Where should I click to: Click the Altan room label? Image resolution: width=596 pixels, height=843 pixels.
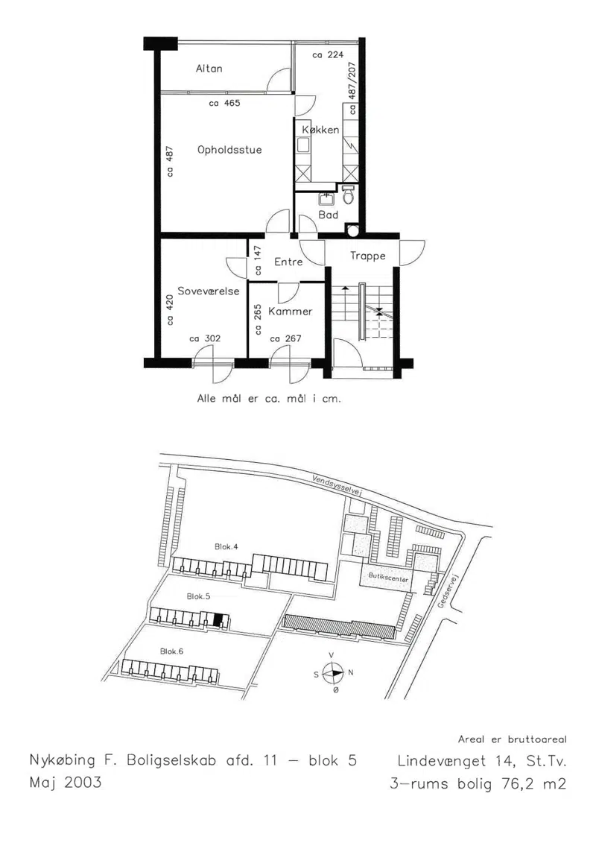(x=209, y=69)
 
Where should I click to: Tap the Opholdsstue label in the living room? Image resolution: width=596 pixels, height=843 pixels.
(x=229, y=150)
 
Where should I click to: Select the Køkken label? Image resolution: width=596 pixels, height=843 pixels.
(x=320, y=130)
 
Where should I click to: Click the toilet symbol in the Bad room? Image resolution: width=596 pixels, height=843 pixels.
(x=348, y=196)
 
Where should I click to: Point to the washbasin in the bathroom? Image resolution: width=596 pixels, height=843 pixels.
(x=326, y=198)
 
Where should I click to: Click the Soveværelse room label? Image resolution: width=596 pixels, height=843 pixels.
(x=209, y=291)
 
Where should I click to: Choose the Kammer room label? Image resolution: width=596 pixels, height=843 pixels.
(x=291, y=312)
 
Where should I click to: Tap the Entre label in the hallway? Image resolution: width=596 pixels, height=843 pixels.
(x=288, y=262)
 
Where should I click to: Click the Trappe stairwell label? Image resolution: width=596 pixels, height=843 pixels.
(x=368, y=256)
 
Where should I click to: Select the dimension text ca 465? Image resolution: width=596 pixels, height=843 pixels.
(x=225, y=103)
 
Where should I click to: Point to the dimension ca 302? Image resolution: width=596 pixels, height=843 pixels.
(x=205, y=338)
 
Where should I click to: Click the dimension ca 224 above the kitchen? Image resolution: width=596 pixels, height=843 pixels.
(x=328, y=55)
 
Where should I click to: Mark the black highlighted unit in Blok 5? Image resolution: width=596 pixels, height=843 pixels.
(x=217, y=619)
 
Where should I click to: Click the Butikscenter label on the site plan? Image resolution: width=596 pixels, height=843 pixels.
(x=389, y=577)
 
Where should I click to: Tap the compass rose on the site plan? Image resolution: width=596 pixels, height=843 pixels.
(x=334, y=672)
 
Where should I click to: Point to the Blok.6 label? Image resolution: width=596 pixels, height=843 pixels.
(x=172, y=651)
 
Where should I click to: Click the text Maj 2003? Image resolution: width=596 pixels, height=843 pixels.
(x=66, y=782)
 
